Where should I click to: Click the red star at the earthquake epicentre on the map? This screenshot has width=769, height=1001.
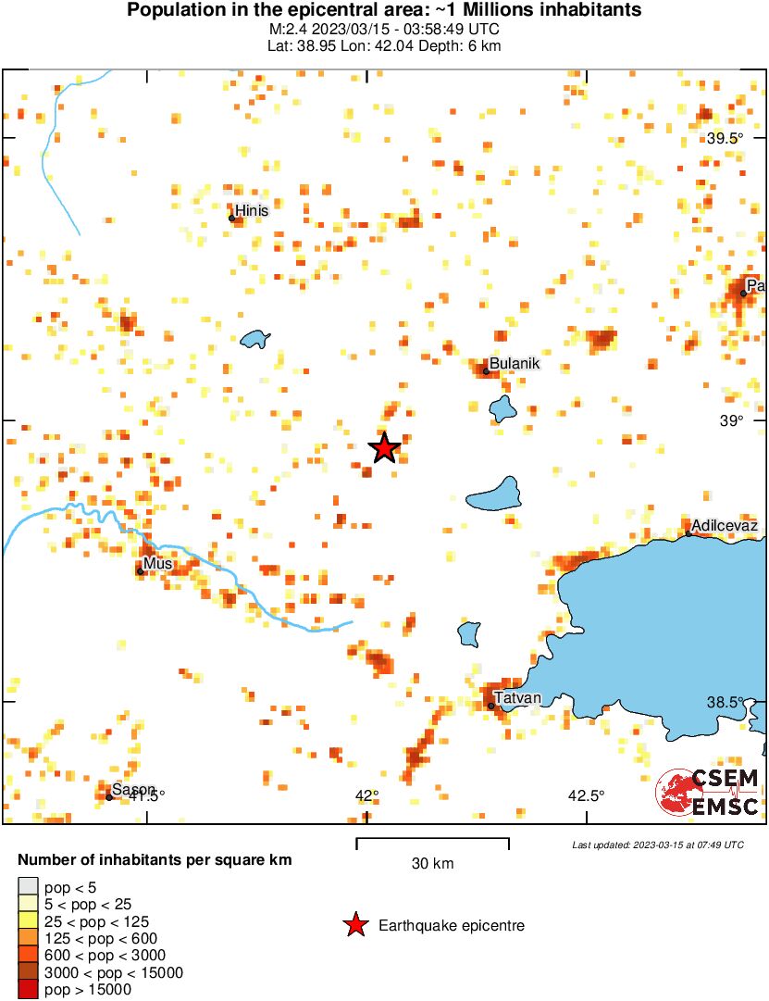pos(384,448)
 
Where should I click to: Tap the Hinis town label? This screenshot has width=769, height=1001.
pos(252,211)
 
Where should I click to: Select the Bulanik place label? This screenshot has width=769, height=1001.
pos(514,364)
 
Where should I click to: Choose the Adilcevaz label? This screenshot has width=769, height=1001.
pos(726,526)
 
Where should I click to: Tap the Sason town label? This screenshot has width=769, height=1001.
pos(133,790)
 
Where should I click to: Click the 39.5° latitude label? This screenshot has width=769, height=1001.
pos(725,139)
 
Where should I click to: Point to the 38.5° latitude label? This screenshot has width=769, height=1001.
pos(725,702)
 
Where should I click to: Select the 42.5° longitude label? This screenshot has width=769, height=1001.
pos(586,795)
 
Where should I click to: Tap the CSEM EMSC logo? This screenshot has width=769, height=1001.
pos(708,792)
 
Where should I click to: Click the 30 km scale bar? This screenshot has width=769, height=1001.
pos(432,840)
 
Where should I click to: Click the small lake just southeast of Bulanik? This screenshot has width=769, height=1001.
pos(502,407)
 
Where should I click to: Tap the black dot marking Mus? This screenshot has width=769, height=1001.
pos(141,570)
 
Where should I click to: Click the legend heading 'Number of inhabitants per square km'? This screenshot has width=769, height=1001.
pos(155,860)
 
